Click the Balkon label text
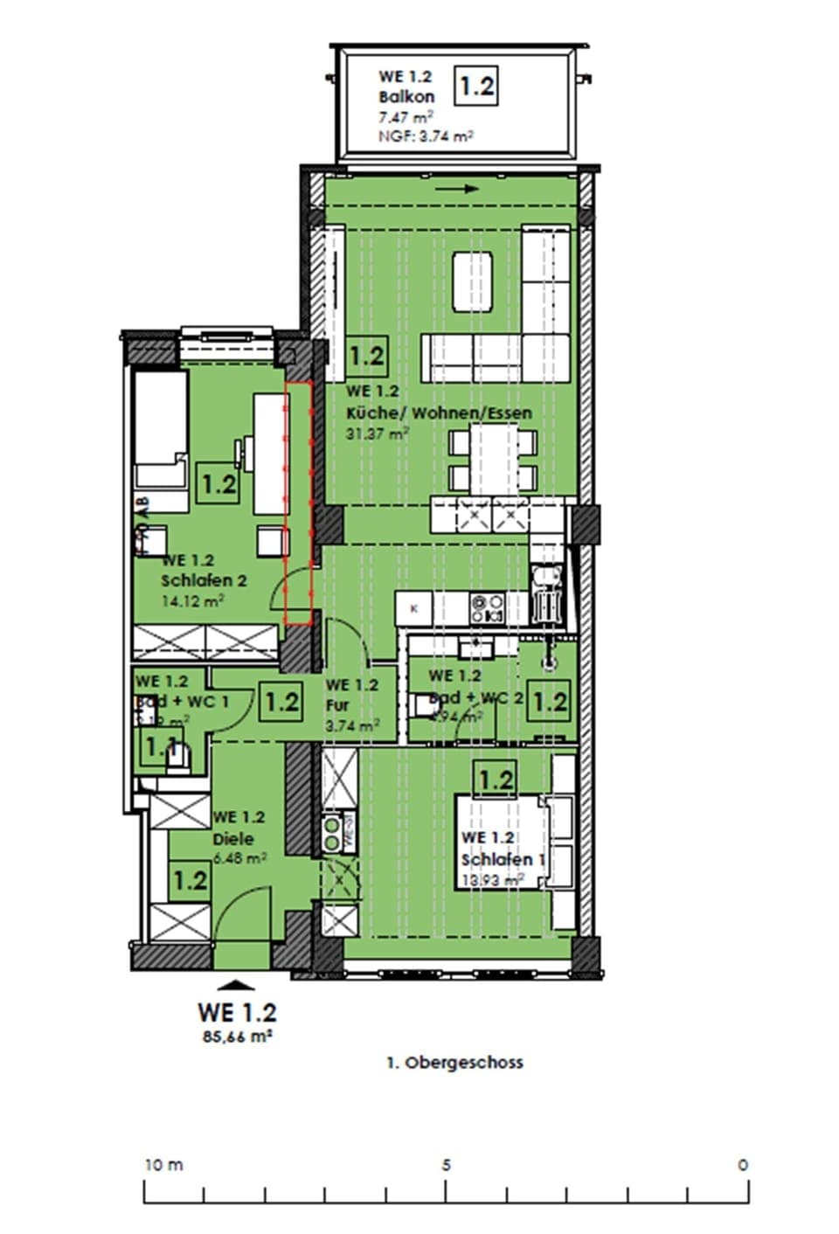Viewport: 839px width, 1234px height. point(406,97)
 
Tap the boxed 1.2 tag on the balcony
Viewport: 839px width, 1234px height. point(476,87)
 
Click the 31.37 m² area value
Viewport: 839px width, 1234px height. point(378,433)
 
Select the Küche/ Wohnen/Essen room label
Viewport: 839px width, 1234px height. point(439,412)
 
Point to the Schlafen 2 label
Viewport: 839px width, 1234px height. point(204,580)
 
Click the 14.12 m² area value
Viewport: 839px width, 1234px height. point(192,600)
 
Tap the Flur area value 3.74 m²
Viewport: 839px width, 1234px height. point(351,724)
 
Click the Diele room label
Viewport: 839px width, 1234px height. point(233,838)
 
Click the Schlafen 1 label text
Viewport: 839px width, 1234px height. point(503,860)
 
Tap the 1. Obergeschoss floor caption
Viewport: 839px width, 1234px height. point(454,1063)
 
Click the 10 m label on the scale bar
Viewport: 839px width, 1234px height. point(163,1165)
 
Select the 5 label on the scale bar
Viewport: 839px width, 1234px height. point(446,1165)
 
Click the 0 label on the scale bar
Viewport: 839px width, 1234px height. point(743,1165)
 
